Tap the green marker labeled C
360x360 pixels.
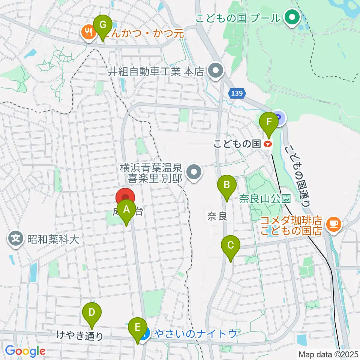pos(230,246)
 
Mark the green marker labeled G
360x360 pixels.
pos(102,26)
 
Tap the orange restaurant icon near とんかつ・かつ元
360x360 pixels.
pos(88,33)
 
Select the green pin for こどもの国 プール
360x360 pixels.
pos(291,17)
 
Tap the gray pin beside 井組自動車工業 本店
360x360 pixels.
pos(215,71)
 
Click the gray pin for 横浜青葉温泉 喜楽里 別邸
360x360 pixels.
pos(194,172)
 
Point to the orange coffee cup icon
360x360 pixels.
pos(333,224)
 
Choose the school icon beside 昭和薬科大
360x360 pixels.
pos(16,238)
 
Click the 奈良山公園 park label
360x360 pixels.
pos(265,198)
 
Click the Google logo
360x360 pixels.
pos(25,351)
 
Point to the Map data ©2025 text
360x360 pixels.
pos(328,354)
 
